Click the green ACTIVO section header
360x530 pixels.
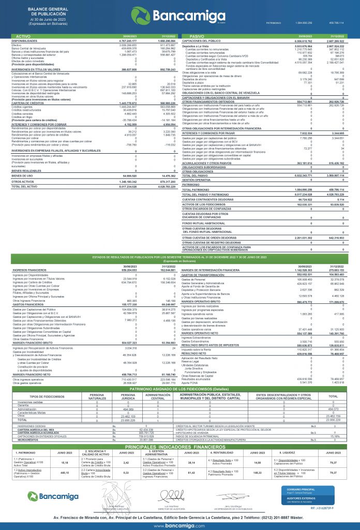coord(21,35)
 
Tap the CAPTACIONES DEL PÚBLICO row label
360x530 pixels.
coord(202,39)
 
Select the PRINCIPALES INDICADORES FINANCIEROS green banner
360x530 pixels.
coord(180,431)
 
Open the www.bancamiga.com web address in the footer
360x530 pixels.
coord(179,524)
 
